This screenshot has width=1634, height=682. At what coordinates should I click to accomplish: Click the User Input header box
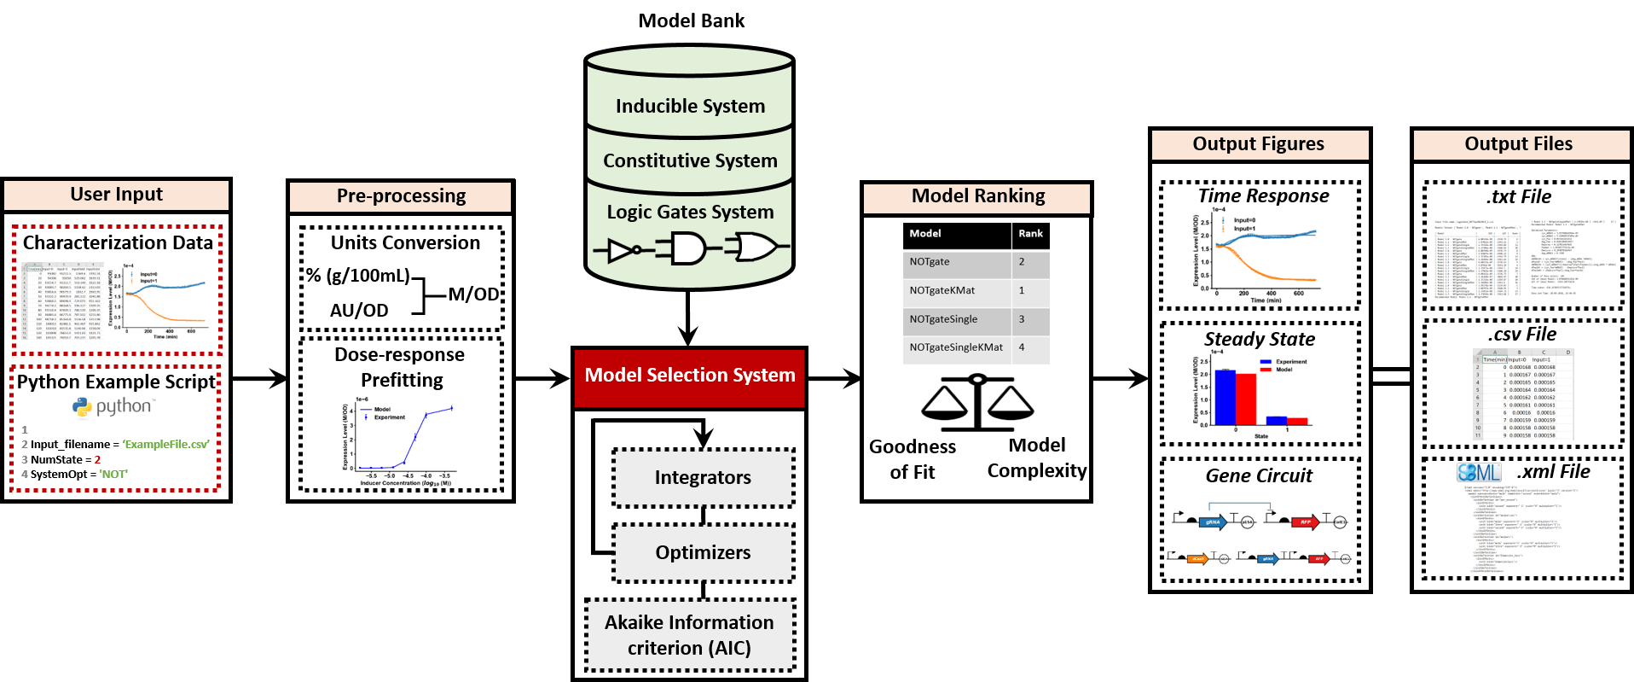click(x=116, y=195)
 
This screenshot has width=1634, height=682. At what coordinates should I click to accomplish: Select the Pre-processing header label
click(x=400, y=196)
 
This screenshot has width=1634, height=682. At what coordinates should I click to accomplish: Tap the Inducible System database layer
click(x=690, y=106)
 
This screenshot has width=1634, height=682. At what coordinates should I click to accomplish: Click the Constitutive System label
click(x=690, y=160)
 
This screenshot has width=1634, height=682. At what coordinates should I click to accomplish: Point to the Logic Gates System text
click(x=690, y=212)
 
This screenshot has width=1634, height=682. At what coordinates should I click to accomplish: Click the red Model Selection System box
click(x=689, y=376)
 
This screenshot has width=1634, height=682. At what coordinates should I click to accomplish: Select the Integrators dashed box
click(x=703, y=478)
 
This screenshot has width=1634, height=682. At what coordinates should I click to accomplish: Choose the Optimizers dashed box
click(x=703, y=553)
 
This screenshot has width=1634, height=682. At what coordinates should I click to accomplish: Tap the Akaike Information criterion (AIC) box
click(x=689, y=635)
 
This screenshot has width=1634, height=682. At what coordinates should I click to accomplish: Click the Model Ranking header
click(x=977, y=196)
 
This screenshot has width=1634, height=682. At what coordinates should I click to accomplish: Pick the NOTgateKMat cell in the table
click(x=942, y=290)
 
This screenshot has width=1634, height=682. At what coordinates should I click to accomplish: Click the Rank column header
click(x=1030, y=233)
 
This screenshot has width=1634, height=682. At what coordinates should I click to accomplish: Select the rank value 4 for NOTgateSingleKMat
click(x=1022, y=347)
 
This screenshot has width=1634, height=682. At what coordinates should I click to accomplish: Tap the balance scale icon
click(x=977, y=402)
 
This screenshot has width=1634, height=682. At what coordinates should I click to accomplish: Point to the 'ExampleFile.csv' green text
click(x=166, y=445)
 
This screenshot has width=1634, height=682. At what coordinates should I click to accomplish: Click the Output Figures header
click(x=1259, y=144)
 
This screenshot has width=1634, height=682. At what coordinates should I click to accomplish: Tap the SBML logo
click(x=1479, y=472)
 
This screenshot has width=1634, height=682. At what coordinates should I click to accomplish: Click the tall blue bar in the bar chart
click(x=1225, y=397)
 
